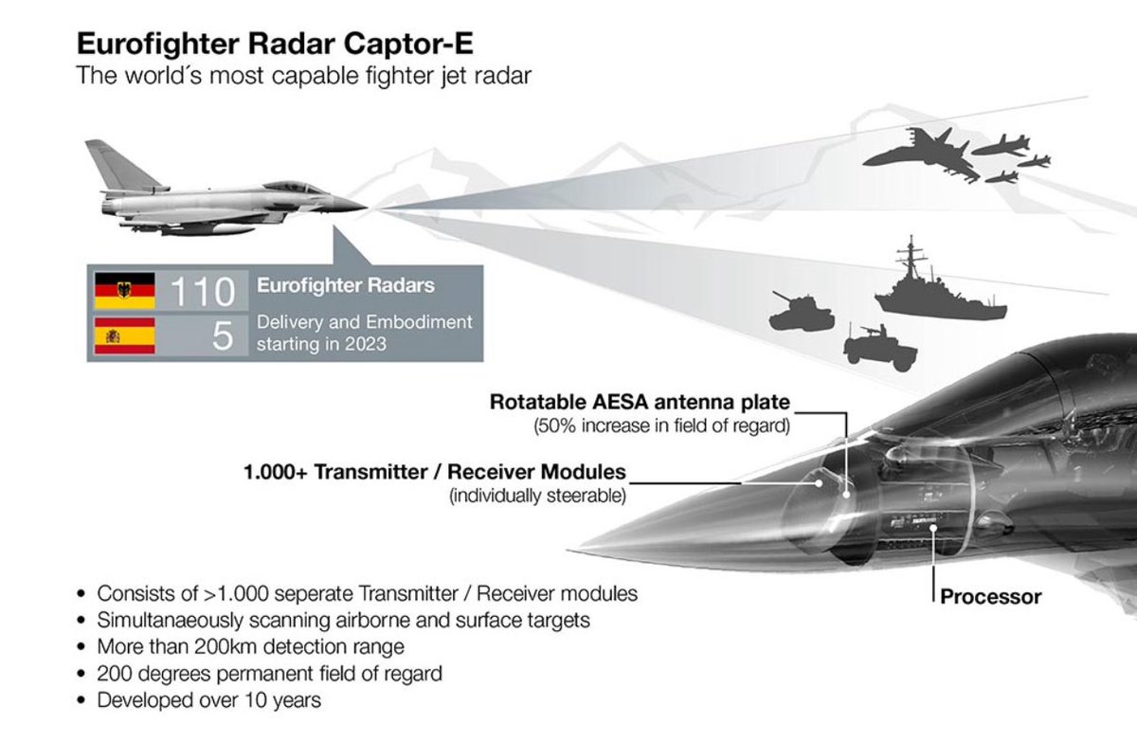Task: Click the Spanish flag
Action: tap(124, 335)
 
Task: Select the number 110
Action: tap(202, 291)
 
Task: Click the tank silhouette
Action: tap(800, 310)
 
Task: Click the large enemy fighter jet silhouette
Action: tap(919, 155)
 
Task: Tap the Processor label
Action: tap(990, 597)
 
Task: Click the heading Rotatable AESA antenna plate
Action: tap(640, 402)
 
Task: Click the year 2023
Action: tap(366, 343)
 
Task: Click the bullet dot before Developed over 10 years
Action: tap(81, 701)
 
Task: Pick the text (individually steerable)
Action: tap(537, 495)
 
